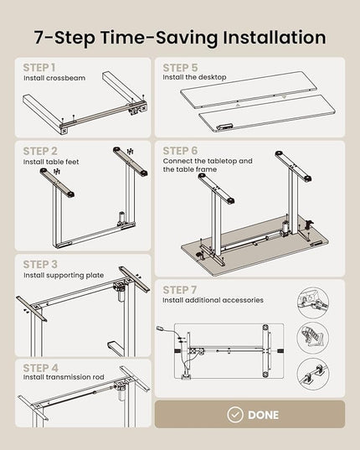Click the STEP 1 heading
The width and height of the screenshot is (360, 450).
point(39,68)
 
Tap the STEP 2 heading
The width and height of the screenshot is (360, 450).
point(40,151)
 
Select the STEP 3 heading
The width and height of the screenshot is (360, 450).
point(40,264)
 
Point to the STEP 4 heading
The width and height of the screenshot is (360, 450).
point(40,368)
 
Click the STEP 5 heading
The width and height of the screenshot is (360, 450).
point(180,68)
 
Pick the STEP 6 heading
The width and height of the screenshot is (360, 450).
point(180,151)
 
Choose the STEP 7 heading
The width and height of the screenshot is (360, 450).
point(180,290)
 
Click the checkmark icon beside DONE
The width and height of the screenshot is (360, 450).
point(235,415)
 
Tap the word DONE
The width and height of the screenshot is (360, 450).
point(263,415)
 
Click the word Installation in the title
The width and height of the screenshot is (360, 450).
point(275,38)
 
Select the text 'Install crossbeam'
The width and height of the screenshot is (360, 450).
point(54,78)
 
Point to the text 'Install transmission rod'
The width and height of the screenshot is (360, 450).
point(64,377)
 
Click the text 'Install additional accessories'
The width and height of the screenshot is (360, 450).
point(213,300)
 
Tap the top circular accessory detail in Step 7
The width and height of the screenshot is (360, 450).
point(313,303)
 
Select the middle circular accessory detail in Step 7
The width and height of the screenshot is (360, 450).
point(313,338)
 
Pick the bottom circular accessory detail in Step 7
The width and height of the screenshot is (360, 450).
point(313,374)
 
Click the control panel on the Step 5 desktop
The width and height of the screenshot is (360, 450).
point(224,127)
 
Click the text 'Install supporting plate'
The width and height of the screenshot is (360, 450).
point(64,275)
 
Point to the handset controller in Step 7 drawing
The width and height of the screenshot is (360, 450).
point(161,328)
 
